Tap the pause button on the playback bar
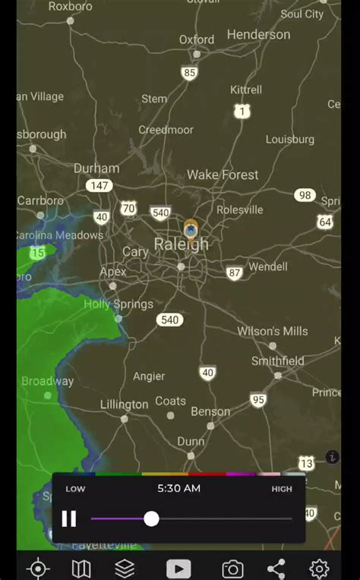tap(69, 519)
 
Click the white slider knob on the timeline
tap(151, 519)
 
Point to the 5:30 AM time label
tap(178, 488)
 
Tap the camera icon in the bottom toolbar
tap(232, 569)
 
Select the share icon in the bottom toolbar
tap(276, 569)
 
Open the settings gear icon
tap(319, 569)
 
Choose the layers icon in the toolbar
tap(125, 569)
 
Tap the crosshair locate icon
tap(38, 569)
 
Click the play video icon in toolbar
tap(178, 569)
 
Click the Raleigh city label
tap(181, 244)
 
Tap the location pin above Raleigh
tap(191, 229)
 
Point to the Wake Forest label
tap(223, 175)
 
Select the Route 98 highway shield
tap(305, 195)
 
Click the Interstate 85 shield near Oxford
tap(189, 74)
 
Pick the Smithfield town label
tap(277, 361)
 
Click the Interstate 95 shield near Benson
tap(258, 400)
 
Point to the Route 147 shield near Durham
tap(99, 185)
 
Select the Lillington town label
tap(124, 405)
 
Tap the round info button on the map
tap(332, 457)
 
